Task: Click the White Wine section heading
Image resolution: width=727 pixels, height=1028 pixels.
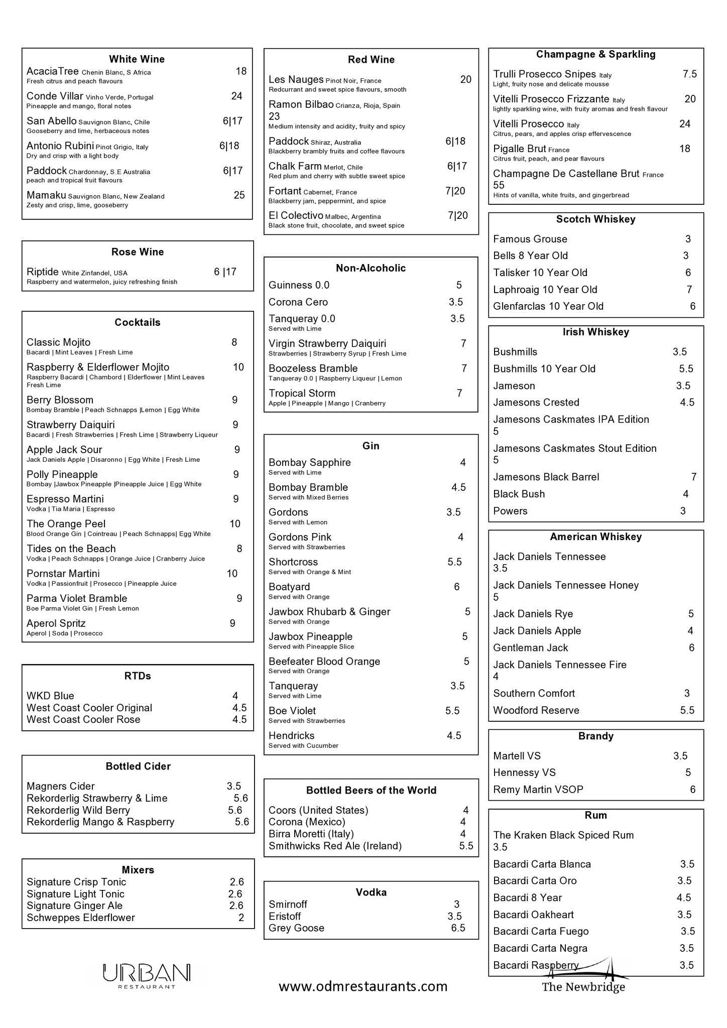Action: pyautogui.click(x=137, y=59)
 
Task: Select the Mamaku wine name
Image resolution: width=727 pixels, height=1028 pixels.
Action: pyautogui.click(x=46, y=195)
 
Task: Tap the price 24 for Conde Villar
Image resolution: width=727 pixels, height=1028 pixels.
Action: pyautogui.click(x=236, y=96)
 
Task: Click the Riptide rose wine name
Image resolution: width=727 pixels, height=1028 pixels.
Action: pyautogui.click(x=43, y=272)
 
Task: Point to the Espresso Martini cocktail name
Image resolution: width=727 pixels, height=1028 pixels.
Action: pyautogui.click(x=65, y=499)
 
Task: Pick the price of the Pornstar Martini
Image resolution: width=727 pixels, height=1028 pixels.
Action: pyautogui.click(x=232, y=573)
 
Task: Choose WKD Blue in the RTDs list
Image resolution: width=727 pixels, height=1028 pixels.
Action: pyautogui.click(x=50, y=696)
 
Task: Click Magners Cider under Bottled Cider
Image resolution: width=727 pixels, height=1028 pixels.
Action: pyautogui.click(x=61, y=786)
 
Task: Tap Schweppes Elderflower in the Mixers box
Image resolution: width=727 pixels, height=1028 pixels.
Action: pyautogui.click(x=81, y=918)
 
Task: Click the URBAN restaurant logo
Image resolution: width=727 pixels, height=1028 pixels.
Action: pyautogui.click(x=147, y=975)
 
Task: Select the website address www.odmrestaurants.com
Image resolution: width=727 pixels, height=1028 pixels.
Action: pyautogui.click(x=363, y=986)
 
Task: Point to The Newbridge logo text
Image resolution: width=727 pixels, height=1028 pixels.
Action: pyautogui.click(x=583, y=987)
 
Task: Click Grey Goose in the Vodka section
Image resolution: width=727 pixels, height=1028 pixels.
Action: pyautogui.click(x=296, y=928)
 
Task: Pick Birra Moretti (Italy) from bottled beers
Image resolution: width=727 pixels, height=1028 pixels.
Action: pyautogui.click(x=311, y=834)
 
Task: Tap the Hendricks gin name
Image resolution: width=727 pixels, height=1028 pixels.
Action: pyautogui.click(x=292, y=736)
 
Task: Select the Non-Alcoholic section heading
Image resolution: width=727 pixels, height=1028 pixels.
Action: pyautogui.click(x=371, y=268)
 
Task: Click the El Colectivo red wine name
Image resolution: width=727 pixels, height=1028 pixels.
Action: pyautogui.click(x=296, y=215)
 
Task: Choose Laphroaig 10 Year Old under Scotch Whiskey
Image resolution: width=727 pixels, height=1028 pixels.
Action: pyautogui.click(x=545, y=290)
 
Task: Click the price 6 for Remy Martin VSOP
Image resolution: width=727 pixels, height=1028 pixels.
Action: pyautogui.click(x=692, y=790)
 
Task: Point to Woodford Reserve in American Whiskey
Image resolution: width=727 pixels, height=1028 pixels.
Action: pyautogui.click(x=536, y=710)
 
